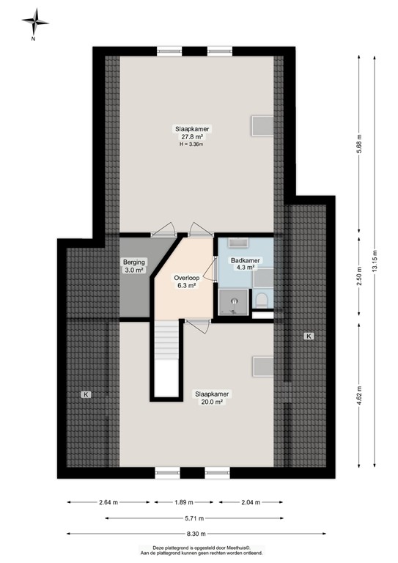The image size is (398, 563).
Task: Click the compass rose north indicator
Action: [x=34, y=23]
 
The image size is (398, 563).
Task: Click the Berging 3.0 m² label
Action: [x=134, y=266]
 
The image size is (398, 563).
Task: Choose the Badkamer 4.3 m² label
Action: [x=243, y=264]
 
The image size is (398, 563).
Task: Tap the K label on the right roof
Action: [x=309, y=336]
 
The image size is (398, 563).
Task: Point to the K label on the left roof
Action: [x=86, y=394]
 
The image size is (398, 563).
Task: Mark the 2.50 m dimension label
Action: [x=359, y=279]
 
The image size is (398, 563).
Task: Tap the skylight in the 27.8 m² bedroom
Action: [x=261, y=125]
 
